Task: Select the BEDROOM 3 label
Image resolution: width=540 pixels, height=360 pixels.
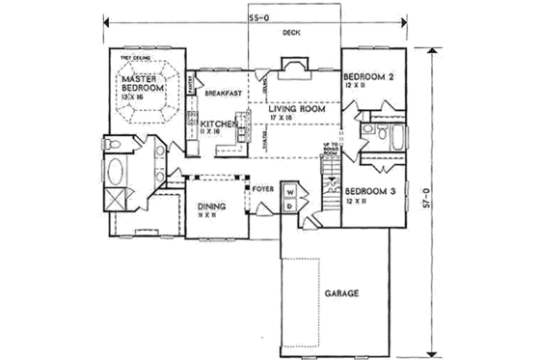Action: (369, 191)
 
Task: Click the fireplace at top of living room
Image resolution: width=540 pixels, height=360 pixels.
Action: (291, 67)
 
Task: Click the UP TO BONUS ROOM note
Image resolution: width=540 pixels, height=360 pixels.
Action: (330, 149)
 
